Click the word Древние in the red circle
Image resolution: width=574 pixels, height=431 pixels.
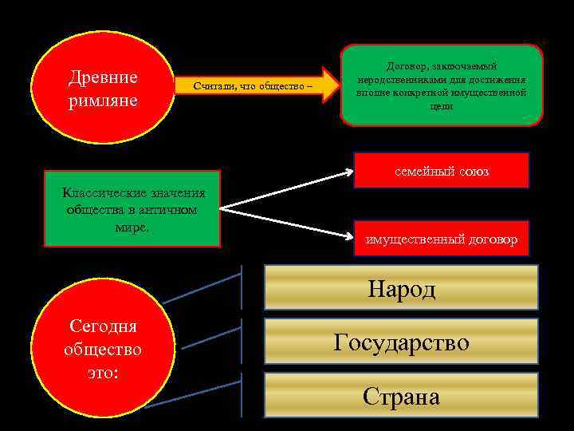pyautogui.click(x=103, y=78)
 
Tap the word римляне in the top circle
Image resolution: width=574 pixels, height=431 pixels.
pyautogui.click(x=103, y=101)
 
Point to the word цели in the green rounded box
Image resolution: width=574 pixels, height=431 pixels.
pyautogui.click(x=442, y=106)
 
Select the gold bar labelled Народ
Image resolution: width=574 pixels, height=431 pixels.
pyautogui.click(x=401, y=288)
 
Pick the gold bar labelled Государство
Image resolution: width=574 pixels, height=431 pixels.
pyautogui.click(x=401, y=342)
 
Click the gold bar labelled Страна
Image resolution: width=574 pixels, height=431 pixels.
pyautogui.click(x=401, y=396)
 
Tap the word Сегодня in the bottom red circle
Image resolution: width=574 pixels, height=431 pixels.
pyautogui.click(x=103, y=327)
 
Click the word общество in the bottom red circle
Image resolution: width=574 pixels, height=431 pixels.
pyautogui.click(x=103, y=350)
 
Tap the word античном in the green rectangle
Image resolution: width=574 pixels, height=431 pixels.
pyautogui.click(x=169, y=209)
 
